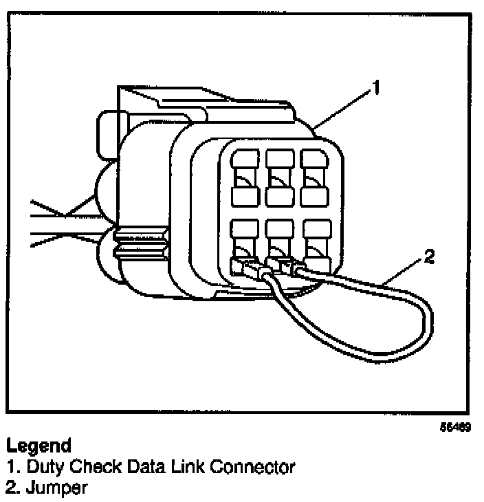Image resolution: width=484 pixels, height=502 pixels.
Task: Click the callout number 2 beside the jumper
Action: click(x=429, y=258)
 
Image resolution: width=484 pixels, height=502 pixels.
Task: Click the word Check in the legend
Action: click(x=87, y=468)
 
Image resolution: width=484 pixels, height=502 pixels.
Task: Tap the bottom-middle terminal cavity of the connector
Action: click(x=279, y=244)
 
